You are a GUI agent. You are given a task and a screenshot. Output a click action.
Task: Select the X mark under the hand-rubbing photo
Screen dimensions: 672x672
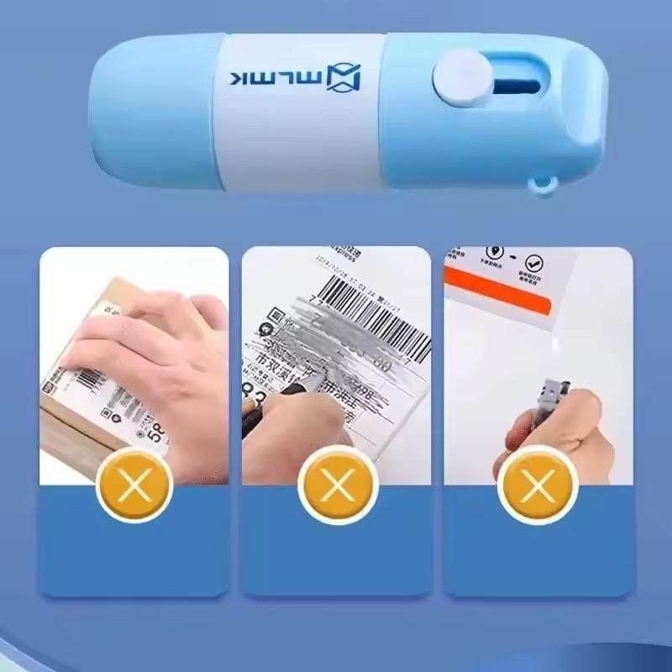pyautogui.click(x=134, y=486)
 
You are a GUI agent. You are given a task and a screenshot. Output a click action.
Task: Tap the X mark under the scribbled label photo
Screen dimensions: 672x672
pyautogui.click(x=336, y=486)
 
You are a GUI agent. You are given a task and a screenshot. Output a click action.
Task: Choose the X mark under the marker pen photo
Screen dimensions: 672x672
pyautogui.click(x=537, y=486)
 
